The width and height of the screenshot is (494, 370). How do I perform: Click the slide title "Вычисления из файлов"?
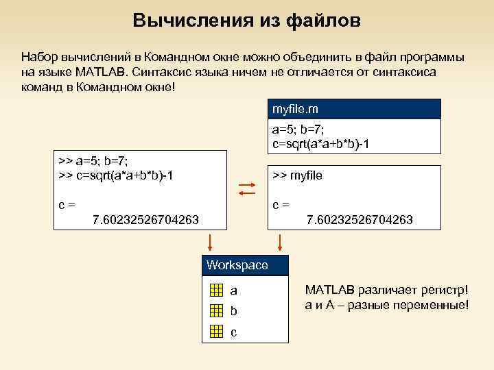(x=246, y=21)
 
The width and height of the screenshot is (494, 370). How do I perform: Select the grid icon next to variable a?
(x=216, y=290)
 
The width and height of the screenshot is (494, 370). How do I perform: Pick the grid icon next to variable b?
(x=216, y=311)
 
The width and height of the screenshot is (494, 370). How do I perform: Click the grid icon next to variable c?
(x=216, y=332)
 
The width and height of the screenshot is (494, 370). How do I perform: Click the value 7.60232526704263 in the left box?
(x=146, y=219)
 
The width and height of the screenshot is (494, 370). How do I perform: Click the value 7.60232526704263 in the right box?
(x=360, y=219)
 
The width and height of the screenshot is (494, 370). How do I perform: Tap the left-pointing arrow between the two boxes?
(x=246, y=194)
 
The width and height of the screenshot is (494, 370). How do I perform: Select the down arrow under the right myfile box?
(x=279, y=242)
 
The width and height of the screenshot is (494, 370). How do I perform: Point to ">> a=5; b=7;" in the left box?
(x=93, y=162)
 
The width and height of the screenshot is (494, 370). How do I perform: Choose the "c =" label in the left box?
(x=67, y=204)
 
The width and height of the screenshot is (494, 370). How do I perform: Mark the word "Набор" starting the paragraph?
(x=36, y=56)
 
